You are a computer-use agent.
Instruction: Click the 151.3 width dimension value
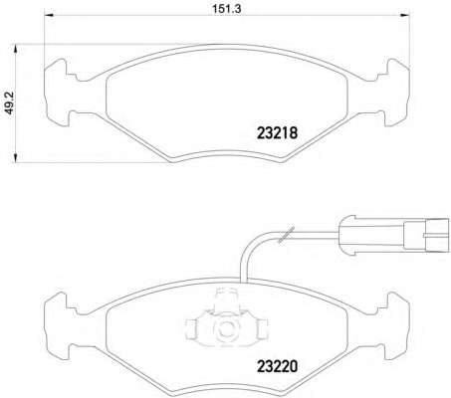[227, 9]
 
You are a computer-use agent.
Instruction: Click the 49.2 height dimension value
[10, 103]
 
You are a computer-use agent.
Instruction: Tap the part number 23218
[278, 133]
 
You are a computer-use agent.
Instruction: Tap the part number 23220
[278, 366]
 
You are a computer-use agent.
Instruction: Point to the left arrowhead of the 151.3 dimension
[49, 15]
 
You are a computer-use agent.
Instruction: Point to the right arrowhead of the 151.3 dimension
[405, 15]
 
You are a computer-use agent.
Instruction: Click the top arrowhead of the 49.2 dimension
[15, 49]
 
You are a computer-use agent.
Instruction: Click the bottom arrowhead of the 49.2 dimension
[15, 158]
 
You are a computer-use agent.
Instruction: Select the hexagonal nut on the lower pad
[225, 328]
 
